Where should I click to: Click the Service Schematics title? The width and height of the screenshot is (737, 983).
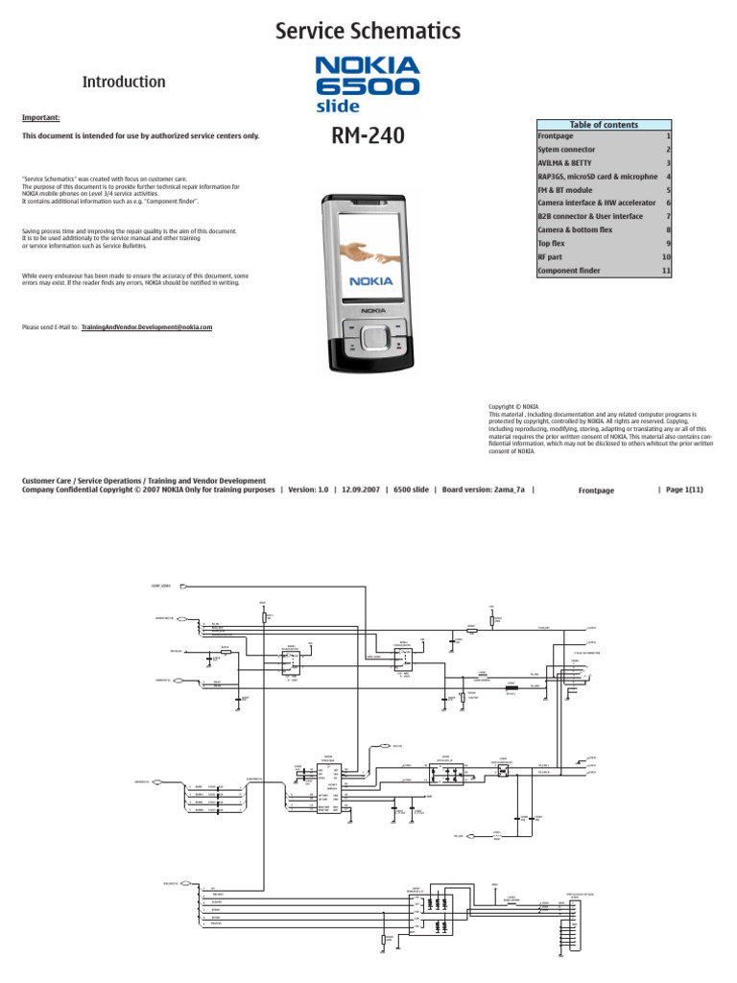point(368,32)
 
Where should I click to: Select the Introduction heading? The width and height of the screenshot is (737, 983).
point(123,82)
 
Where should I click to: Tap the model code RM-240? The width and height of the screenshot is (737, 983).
point(368,137)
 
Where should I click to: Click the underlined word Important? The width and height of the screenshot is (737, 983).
point(40,117)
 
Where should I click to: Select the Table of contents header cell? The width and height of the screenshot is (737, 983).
point(604,125)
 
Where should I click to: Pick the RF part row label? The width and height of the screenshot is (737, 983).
point(557,257)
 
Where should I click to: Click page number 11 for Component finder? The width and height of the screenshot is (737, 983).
point(666,272)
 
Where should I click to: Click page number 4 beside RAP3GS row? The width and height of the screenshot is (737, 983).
point(667,177)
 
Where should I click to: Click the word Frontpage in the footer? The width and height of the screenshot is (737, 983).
point(596,491)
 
